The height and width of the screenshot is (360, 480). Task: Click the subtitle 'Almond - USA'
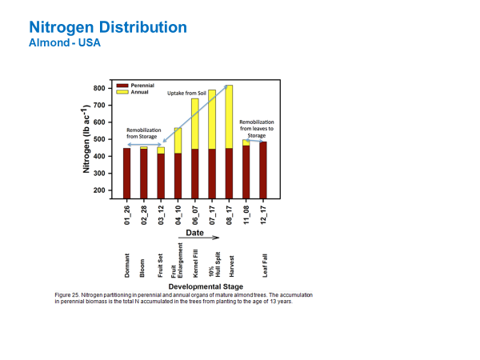(64, 42)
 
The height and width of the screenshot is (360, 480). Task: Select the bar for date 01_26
(126, 173)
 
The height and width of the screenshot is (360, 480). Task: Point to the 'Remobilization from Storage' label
(145, 133)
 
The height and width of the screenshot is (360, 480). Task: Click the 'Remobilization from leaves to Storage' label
(256, 129)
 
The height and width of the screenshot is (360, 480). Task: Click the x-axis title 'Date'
(194, 233)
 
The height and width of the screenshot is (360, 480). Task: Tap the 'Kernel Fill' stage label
(194, 263)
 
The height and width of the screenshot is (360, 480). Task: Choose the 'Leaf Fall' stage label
(263, 264)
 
